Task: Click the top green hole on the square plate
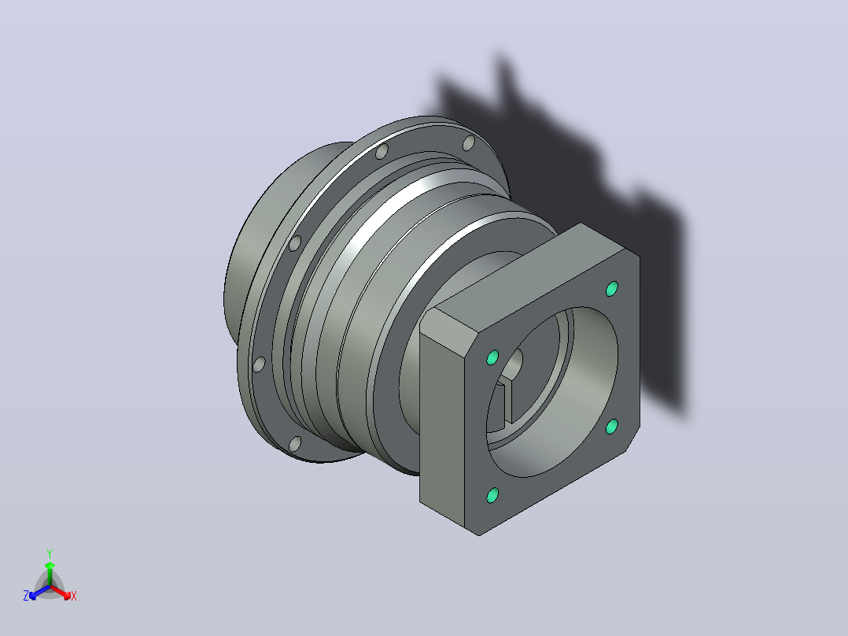[612, 289]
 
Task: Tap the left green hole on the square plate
[492, 358]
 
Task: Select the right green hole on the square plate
[612, 427]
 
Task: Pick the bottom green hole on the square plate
[492, 495]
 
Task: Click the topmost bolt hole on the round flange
[469, 143]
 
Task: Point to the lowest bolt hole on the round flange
[295, 445]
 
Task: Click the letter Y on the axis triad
[50, 554]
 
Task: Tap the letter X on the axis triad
[74, 596]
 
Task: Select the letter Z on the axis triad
[26, 596]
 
